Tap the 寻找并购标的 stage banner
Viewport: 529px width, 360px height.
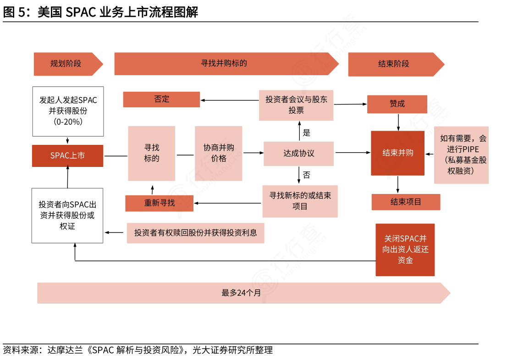pos(225,63)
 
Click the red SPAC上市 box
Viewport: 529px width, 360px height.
pos(67,155)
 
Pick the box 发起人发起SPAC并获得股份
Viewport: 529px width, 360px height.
pos(68,111)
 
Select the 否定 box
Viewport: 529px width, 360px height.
pos(161,99)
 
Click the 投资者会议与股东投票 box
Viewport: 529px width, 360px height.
pos(296,105)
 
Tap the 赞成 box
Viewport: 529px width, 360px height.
pos(397,104)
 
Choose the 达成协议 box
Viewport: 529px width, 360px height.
pos(298,153)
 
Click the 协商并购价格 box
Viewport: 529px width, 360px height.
pos(219,153)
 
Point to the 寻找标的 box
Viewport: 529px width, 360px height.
pos(152,153)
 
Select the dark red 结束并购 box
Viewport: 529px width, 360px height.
pos(397,153)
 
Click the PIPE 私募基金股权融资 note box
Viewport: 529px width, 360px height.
pos(461,155)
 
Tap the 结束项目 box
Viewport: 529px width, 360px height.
pos(406,202)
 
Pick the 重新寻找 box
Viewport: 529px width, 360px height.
pos(159,203)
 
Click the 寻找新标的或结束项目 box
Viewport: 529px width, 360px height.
pos(300,201)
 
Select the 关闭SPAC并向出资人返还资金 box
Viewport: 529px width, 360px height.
pos(405,249)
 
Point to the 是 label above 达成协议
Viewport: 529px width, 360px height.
pos(307,133)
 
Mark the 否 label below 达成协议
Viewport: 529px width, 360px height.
pos(307,175)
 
